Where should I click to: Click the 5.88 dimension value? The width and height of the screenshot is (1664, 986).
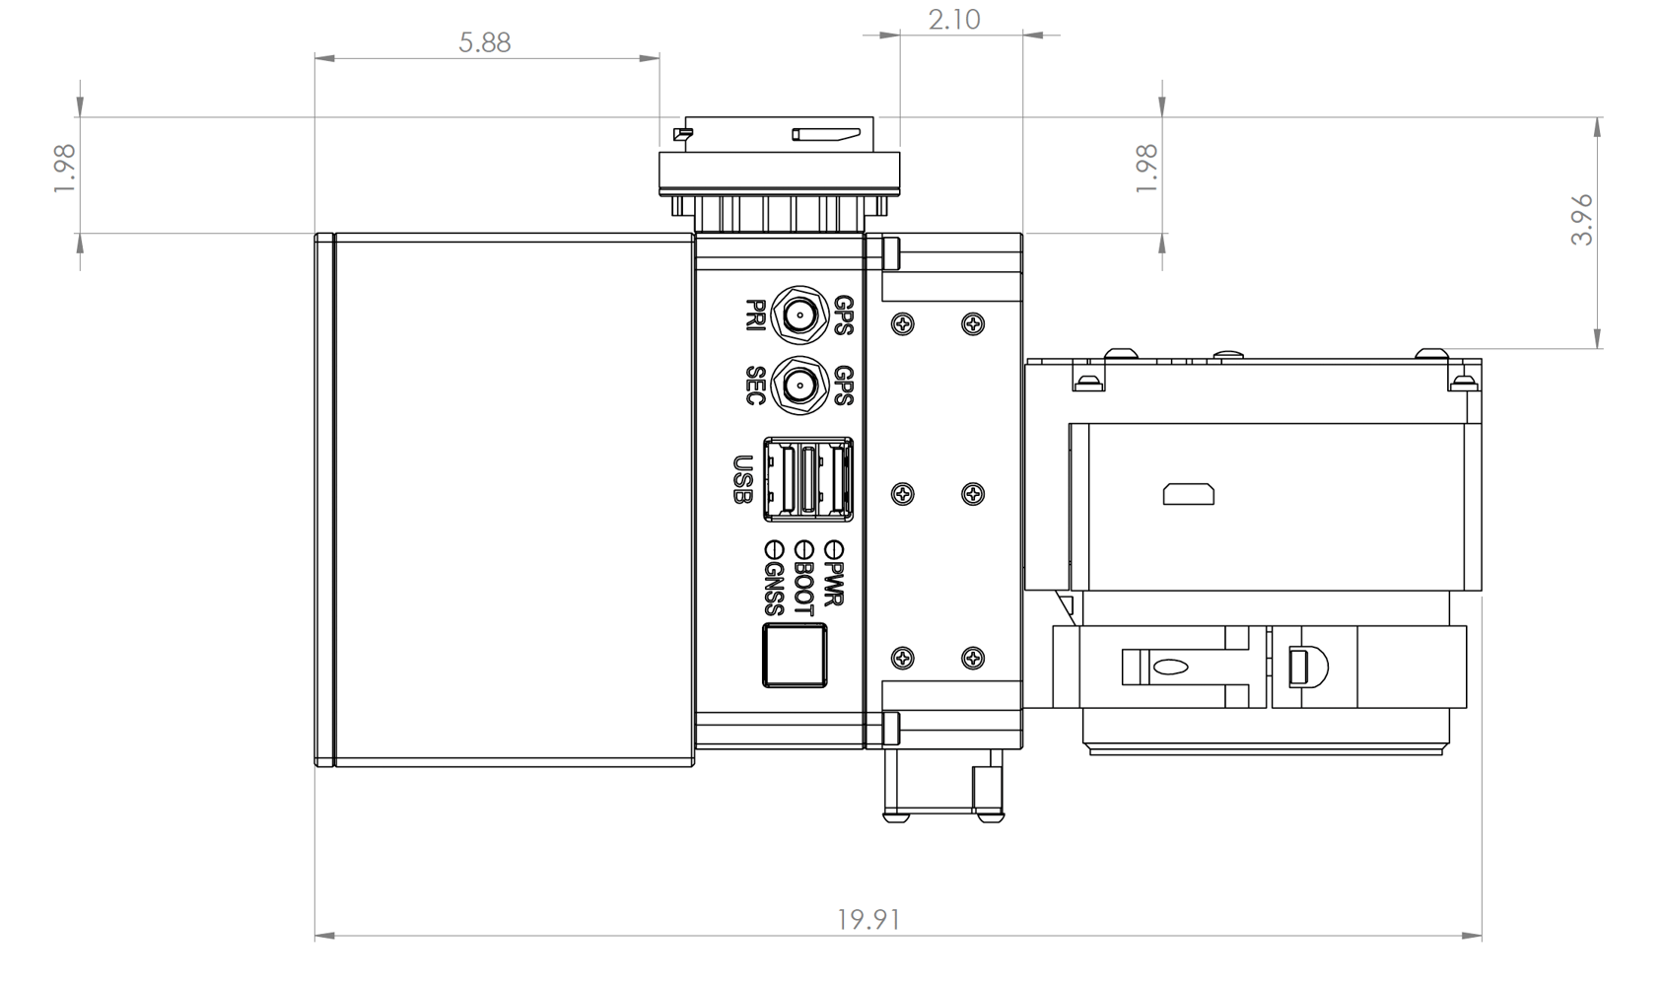pos(485,42)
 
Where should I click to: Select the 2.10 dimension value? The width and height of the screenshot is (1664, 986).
pos(954,20)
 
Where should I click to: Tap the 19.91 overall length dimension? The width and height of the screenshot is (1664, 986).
pos(868,920)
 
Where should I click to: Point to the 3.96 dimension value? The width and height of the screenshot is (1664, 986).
pos(1581,220)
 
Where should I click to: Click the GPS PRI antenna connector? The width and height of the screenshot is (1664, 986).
pos(798,316)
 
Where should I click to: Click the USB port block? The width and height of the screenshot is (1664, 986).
pos(808,480)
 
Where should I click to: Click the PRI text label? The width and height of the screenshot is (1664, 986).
pos(756,316)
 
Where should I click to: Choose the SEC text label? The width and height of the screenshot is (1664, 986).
pos(756,386)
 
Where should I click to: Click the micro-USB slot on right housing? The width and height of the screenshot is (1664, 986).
pos(1188,493)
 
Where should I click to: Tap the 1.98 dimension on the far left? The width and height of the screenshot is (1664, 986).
pos(65,168)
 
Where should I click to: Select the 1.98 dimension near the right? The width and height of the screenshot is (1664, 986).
pos(1146,168)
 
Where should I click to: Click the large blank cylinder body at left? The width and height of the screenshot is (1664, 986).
pos(513,500)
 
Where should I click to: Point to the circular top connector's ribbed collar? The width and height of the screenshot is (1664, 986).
pos(779,210)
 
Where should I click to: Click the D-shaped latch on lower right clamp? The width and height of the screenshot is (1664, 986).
pos(1307,668)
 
